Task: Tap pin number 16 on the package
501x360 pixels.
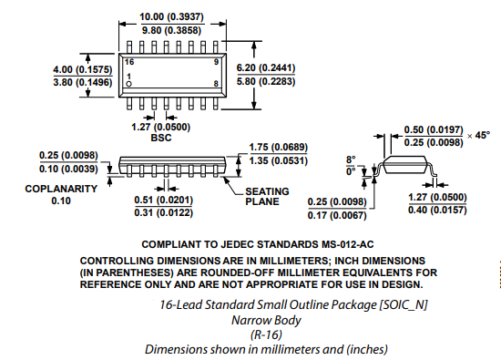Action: click(x=129, y=61)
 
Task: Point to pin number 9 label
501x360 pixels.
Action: click(x=215, y=61)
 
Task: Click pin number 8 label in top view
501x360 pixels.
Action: click(x=215, y=84)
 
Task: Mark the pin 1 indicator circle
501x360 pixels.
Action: click(x=128, y=84)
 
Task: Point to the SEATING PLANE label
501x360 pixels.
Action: click(x=267, y=196)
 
